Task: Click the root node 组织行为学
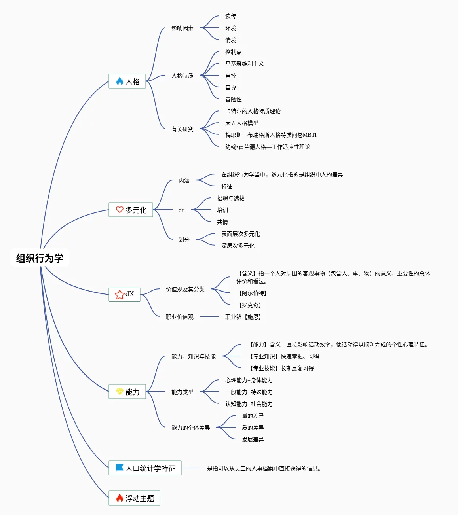[40, 258]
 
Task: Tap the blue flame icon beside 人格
[120, 81]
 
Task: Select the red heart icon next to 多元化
[120, 210]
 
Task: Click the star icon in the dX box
[120, 295]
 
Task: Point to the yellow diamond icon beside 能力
[120, 392]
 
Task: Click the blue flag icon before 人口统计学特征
[119, 468]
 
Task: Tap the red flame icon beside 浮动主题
[120, 498]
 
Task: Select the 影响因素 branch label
[182, 28]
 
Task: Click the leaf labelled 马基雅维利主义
[245, 64]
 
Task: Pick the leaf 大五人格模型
[242, 123]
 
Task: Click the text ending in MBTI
[271, 135]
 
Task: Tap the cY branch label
[182, 210]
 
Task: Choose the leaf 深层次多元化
[238, 246]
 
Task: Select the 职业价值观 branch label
[180, 317]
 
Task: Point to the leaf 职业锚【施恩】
[243, 317]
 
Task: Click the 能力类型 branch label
[182, 392]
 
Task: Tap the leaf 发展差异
[253, 439]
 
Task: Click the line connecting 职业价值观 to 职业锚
[209, 316]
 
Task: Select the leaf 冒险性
[233, 99]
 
